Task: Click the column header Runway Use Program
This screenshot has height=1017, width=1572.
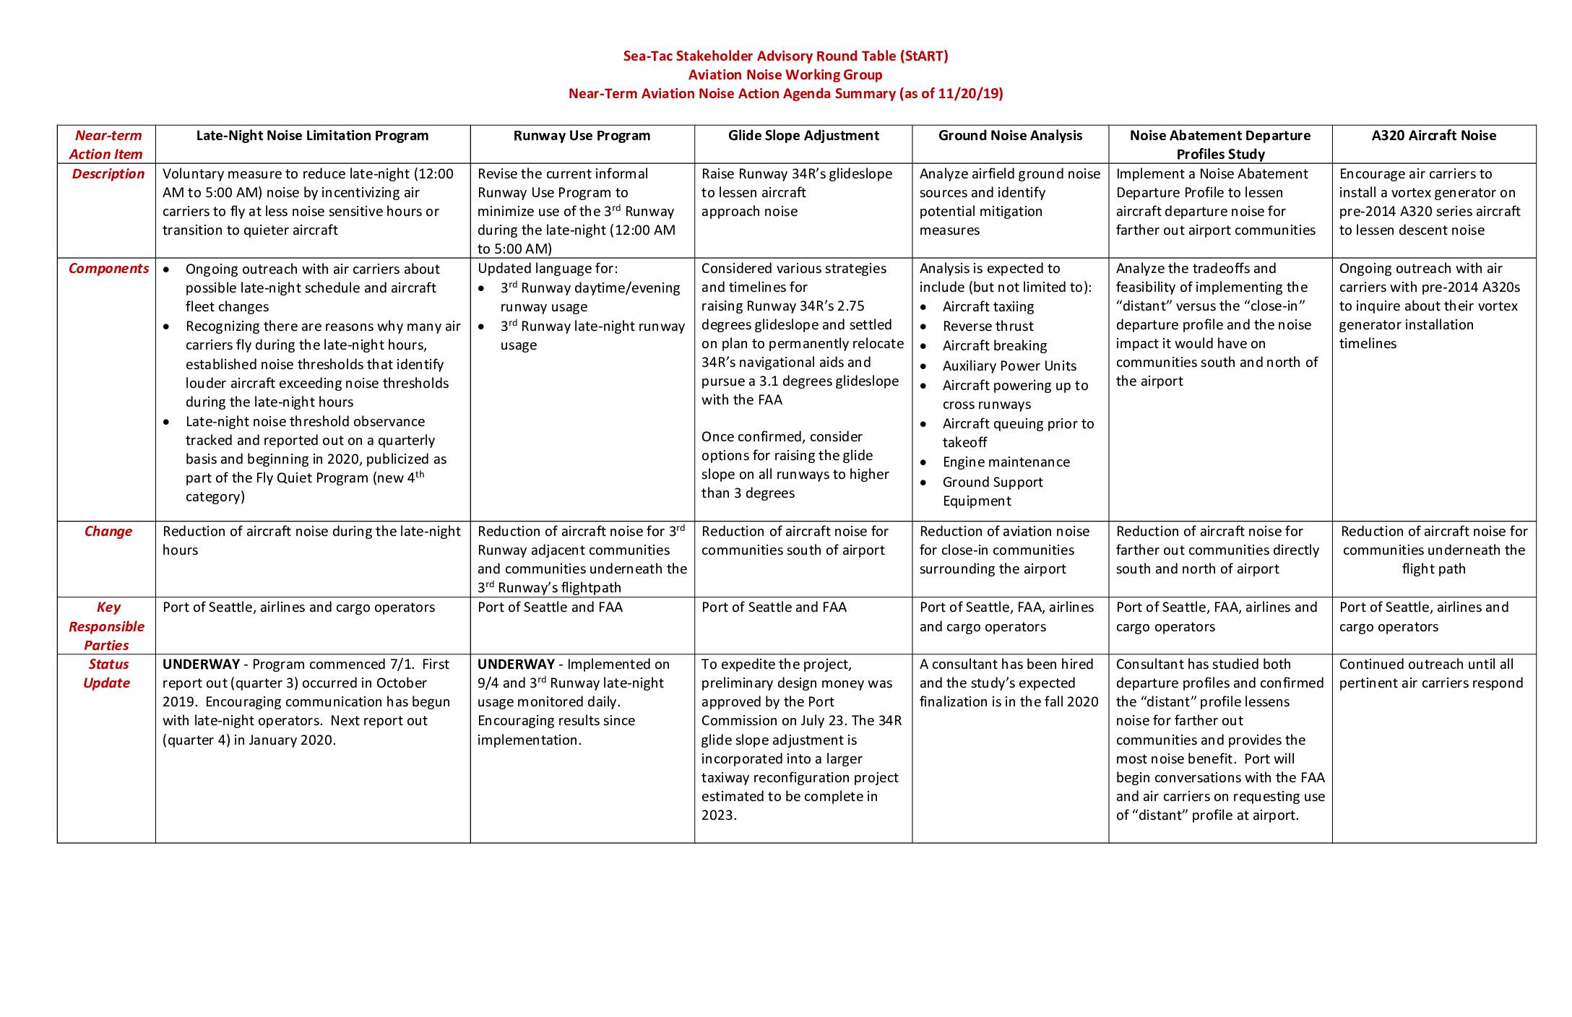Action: tap(582, 136)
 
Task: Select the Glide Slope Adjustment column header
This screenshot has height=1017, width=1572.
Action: tap(803, 136)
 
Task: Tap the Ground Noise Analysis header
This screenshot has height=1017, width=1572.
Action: tap(1010, 136)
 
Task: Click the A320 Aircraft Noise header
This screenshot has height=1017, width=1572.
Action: tap(1433, 136)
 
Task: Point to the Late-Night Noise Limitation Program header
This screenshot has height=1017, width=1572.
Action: tap(312, 136)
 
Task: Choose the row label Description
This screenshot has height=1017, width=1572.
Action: tap(108, 174)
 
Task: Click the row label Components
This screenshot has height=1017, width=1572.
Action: tap(108, 269)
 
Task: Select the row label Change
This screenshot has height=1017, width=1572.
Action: tap(108, 532)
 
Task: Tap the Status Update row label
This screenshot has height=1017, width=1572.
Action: tap(107, 674)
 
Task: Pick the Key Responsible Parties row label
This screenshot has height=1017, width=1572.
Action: tap(107, 626)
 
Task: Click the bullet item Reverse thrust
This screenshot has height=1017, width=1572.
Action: tap(988, 326)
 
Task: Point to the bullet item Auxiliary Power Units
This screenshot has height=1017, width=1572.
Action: tap(1009, 366)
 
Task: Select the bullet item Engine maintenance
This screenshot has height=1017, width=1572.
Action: tap(1006, 462)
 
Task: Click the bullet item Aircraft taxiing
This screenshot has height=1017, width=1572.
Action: tap(988, 307)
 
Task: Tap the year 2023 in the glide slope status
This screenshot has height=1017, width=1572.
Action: tap(718, 815)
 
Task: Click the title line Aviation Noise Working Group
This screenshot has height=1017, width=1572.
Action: tap(785, 75)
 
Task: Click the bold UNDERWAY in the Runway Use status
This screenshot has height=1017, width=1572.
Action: tap(516, 665)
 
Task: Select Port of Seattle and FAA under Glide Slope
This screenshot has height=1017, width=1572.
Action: tap(773, 607)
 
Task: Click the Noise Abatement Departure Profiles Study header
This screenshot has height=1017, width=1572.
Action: tap(1219, 144)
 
